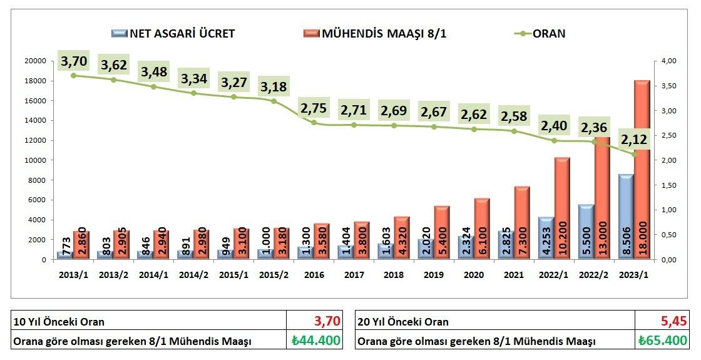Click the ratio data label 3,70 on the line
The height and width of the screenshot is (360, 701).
click(x=74, y=61)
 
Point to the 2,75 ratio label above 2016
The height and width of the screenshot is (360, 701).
click(x=313, y=108)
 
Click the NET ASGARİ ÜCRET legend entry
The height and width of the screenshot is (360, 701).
click(x=173, y=34)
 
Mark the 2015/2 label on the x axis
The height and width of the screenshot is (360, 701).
click(x=273, y=274)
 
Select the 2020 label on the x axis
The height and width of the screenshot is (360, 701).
click(x=474, y=274)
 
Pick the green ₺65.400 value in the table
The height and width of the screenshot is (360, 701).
click(x=663, y=341)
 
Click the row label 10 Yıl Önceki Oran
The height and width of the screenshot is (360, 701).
click(x=59, y=322)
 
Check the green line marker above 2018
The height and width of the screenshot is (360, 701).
click(x=394, y=125)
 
